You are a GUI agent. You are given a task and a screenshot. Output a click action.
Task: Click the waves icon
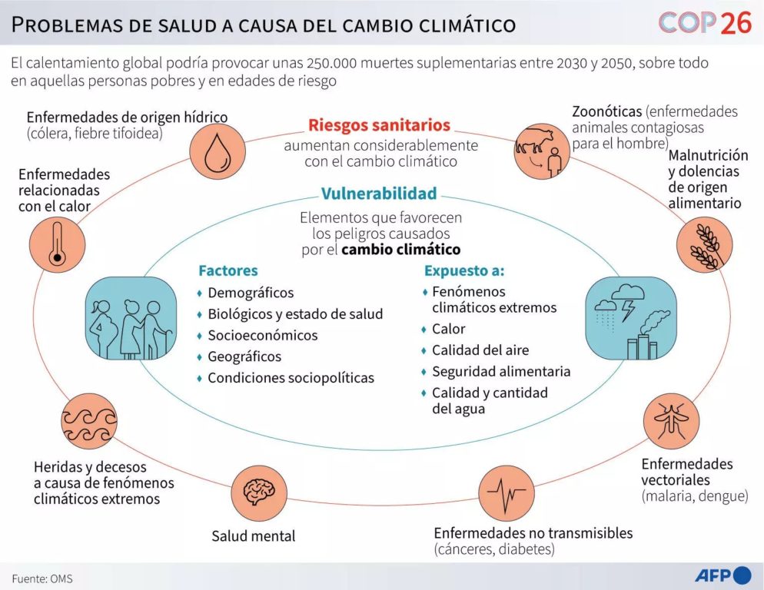(89, 421)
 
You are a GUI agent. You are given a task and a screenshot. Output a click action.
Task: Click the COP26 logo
(694, 24)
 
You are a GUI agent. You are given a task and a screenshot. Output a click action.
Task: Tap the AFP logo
(722, 575)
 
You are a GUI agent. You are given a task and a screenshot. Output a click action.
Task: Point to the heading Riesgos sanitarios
(379, 125)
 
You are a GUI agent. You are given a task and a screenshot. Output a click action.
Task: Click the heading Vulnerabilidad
(379, 194)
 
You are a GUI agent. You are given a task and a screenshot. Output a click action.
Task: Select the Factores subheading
(228, 270)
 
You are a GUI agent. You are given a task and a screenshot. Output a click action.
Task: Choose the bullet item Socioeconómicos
(262, 335)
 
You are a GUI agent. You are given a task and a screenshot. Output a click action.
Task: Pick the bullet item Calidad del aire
(480, 350)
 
